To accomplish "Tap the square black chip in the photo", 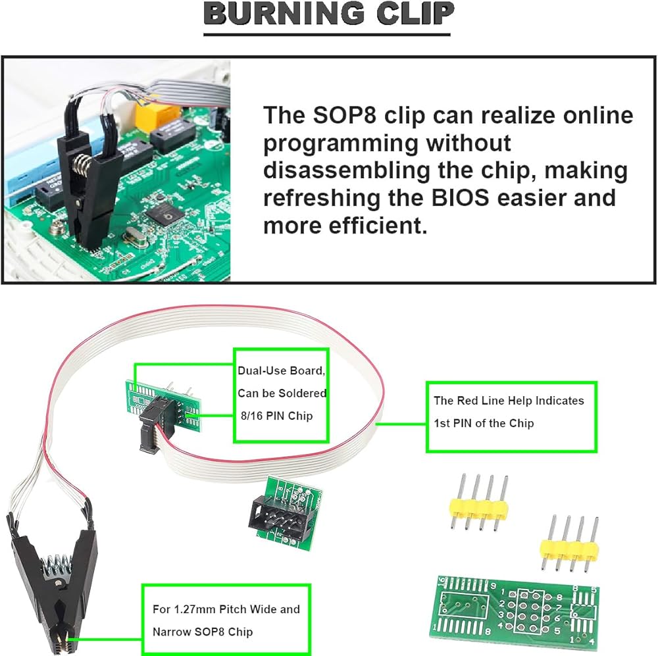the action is (161, 214).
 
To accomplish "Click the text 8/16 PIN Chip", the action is (272, 416).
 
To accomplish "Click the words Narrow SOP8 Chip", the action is (203, 632).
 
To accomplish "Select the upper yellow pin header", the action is (479, 506).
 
